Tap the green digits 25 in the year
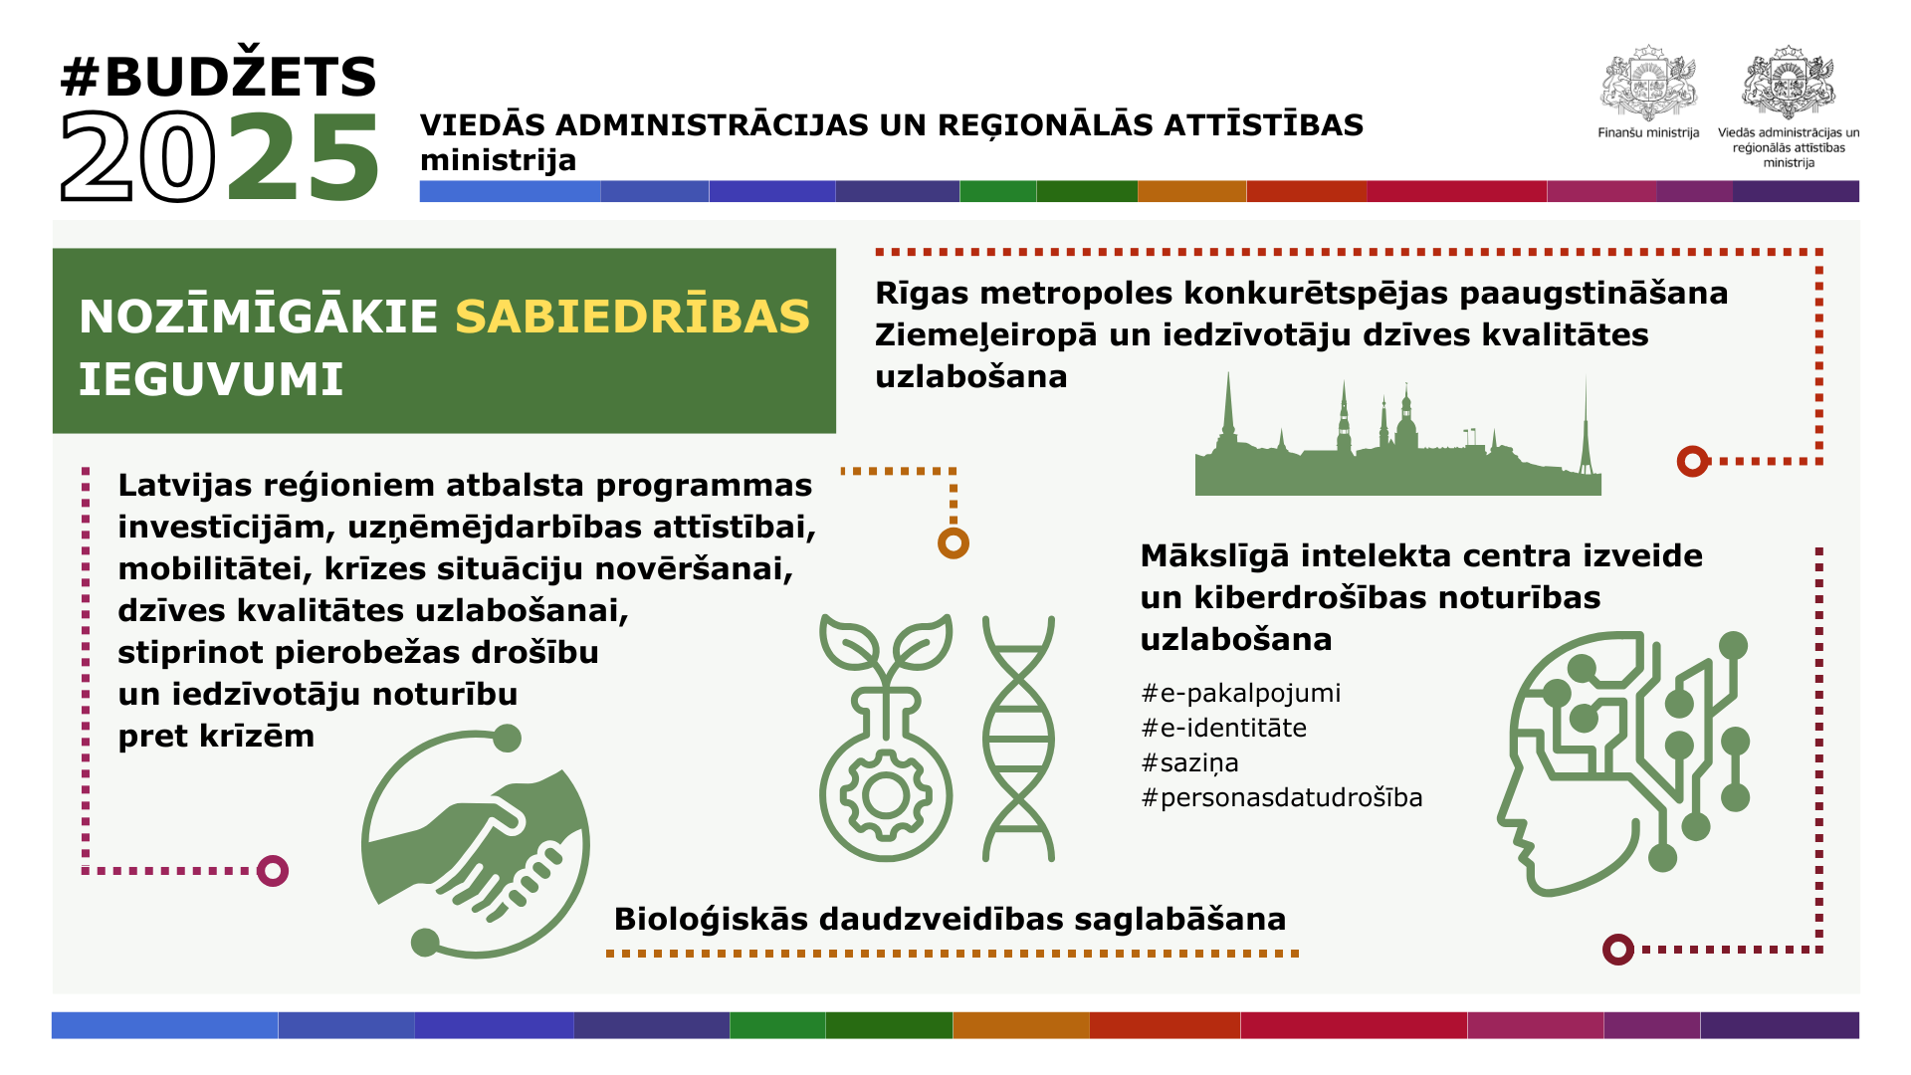304,157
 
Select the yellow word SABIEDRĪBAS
633,317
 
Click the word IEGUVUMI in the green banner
211,379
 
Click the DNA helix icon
1018,738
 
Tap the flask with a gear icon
886,738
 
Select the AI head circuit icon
1622,762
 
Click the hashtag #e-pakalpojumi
1240,693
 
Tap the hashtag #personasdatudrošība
1282,797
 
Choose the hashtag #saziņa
1189,763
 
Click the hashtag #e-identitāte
1223,728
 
